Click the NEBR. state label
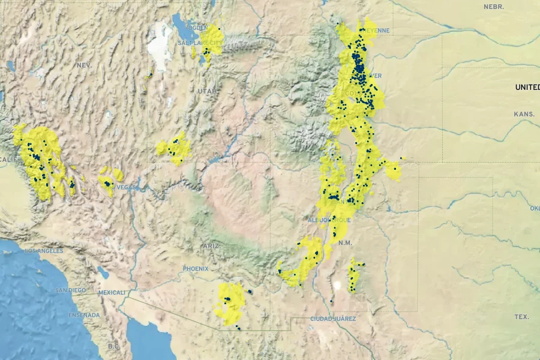(494, 7)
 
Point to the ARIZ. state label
(211, 246)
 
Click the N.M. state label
(345, 242)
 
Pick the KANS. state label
(523, 114)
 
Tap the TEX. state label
(521, 316)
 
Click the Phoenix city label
(196, 269)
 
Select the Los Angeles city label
(43, 251)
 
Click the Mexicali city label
(112, 293)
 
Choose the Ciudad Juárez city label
(333, 319)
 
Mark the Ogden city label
(197, 28)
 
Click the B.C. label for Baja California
(114, 346)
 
